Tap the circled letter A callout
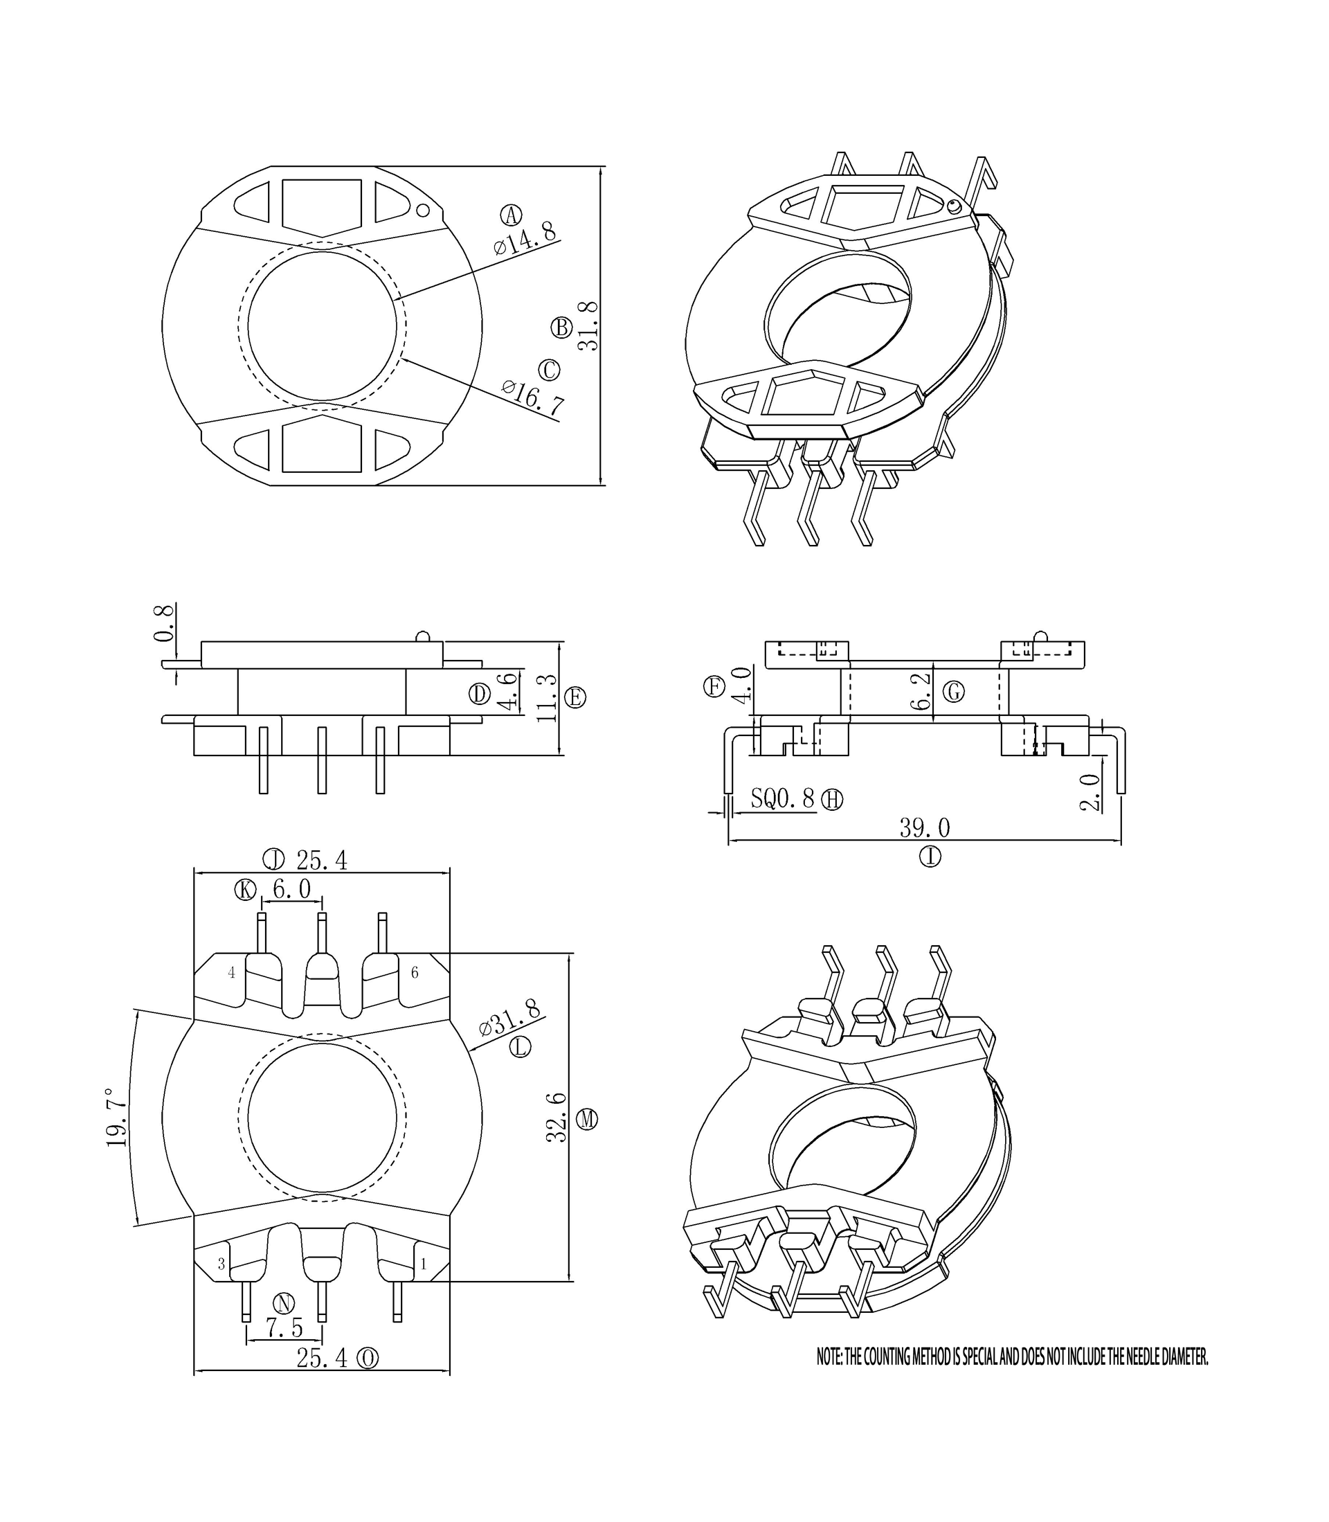[x=511, y=215]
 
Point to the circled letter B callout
[x=561, y=328]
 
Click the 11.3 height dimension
[x=547, y=697]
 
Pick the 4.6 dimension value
[x=507, y=691]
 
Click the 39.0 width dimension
[x=925, y=827]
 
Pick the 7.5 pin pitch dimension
[x=284, y=1328]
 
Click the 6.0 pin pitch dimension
[x=291, y=888]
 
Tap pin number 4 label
[x=231, y=972]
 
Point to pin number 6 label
[x=415, y=972]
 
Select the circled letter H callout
[x=833, y=800]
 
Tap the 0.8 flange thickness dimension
[x=165, y=623]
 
